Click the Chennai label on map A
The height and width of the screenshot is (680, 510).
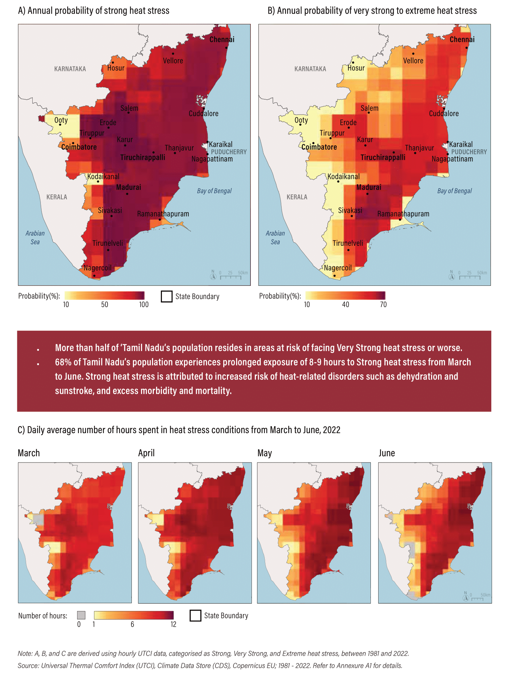pyautogui.click(x=222, y=39)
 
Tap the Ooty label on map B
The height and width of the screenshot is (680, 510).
pyautogui.click(x=301, y=120)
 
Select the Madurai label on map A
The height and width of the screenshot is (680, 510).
pyautogui.click(x=129, y=187)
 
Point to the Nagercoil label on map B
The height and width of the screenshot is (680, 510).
pyautogui.click(x=337, y=268)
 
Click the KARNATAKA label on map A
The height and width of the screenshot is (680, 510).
pyautogui.click(x=70, y=69)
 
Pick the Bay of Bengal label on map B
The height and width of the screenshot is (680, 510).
pyautogui.click(x=454, y=191)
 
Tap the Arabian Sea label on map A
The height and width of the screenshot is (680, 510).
pyautogui.click(x=35, y=237)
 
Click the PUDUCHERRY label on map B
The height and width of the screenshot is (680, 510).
pyautogui.click(x=469, y=152)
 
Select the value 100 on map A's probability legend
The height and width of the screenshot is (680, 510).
pyautogui.click(x=144, y=305)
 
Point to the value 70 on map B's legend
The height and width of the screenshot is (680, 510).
pyautogui.click(x=383, y=305)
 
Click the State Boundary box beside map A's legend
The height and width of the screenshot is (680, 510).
pyautogui.click(x=167, y=296)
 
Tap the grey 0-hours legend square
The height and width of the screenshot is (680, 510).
pyautogui.click(x=81, y=615)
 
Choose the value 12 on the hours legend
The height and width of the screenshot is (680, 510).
pyautogui.click(x=173, y=625)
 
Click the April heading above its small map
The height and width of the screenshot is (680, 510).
pyautogui.click(x=146, y=453)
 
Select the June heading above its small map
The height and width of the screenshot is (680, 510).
pyautogui.click(x=387, y=453)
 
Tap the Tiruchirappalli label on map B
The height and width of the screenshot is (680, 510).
pyautogui.click(x=383, y=158)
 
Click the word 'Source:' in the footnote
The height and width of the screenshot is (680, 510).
pyautogui.click(x=28, y=666)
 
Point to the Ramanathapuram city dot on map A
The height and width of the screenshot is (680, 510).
pyautogui.click(x=160, y=220)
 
